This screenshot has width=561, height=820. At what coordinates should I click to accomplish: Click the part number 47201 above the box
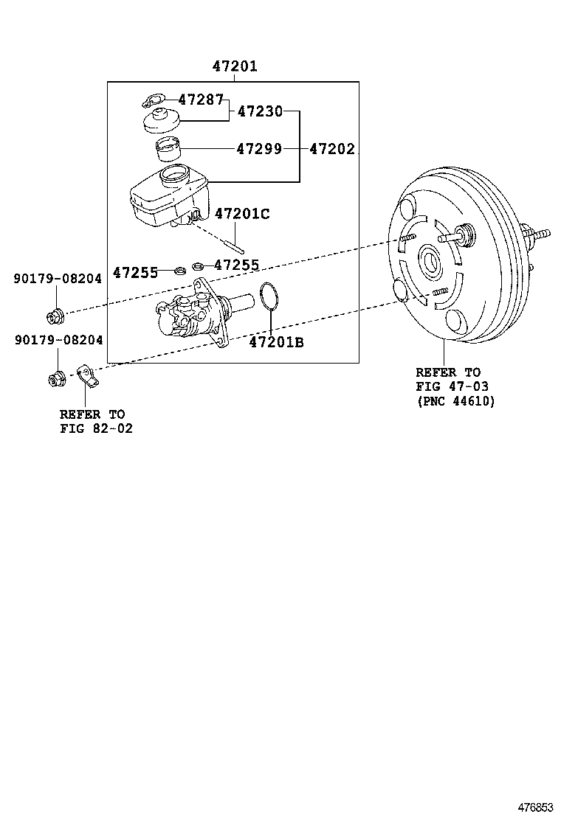235,66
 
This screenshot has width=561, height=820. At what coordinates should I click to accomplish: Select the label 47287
200,99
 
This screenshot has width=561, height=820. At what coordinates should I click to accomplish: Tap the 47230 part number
259,111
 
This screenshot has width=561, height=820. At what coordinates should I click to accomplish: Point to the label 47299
259,149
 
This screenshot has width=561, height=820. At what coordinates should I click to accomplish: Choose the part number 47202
331,149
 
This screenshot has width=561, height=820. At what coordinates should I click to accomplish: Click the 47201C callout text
242,214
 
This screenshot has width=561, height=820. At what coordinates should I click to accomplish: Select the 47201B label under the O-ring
275,342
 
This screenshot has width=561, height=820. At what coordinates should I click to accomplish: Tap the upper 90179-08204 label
58,278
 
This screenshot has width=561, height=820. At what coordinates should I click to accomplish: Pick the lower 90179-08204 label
58,340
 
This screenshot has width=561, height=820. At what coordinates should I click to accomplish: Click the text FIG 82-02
96,428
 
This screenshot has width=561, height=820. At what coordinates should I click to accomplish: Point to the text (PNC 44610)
455,401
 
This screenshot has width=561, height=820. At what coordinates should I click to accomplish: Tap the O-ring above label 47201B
270,297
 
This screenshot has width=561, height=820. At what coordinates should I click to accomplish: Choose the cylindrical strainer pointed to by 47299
170,150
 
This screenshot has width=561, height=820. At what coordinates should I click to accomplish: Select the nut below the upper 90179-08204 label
55,316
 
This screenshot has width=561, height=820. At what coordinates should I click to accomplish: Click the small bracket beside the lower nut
86,378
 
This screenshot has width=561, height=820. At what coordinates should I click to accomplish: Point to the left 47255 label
135,272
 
